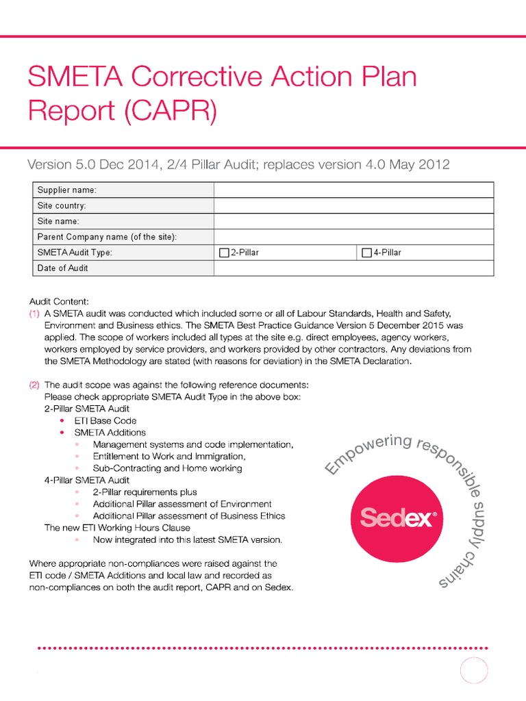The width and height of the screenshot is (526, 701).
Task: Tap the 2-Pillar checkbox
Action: (x=223, y=253)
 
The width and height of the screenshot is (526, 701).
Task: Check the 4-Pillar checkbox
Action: (x=366, y=253)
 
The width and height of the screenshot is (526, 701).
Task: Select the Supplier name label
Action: (x=66, y=190)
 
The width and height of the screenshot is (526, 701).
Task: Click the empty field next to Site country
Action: (x=353, y=205)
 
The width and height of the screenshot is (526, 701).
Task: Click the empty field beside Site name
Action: (x=353, y=221)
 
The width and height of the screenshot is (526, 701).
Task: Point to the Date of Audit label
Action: (x=62, y=268)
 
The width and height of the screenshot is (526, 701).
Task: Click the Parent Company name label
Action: (x=107, y=237)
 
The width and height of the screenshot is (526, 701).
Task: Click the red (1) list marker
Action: (x=34, y=314)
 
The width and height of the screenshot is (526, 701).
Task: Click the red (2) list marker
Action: (x=34, y=385)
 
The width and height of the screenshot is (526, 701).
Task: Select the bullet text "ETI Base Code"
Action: (x=105, y=420)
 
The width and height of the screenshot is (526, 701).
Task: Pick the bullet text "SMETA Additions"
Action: (x=110, y=433)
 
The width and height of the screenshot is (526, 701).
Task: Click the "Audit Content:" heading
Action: (x=59, y=301)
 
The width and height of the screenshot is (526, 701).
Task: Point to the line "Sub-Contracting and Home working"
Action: (x=167, y=468)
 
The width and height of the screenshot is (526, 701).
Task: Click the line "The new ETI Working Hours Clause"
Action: (x=117, y=528)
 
